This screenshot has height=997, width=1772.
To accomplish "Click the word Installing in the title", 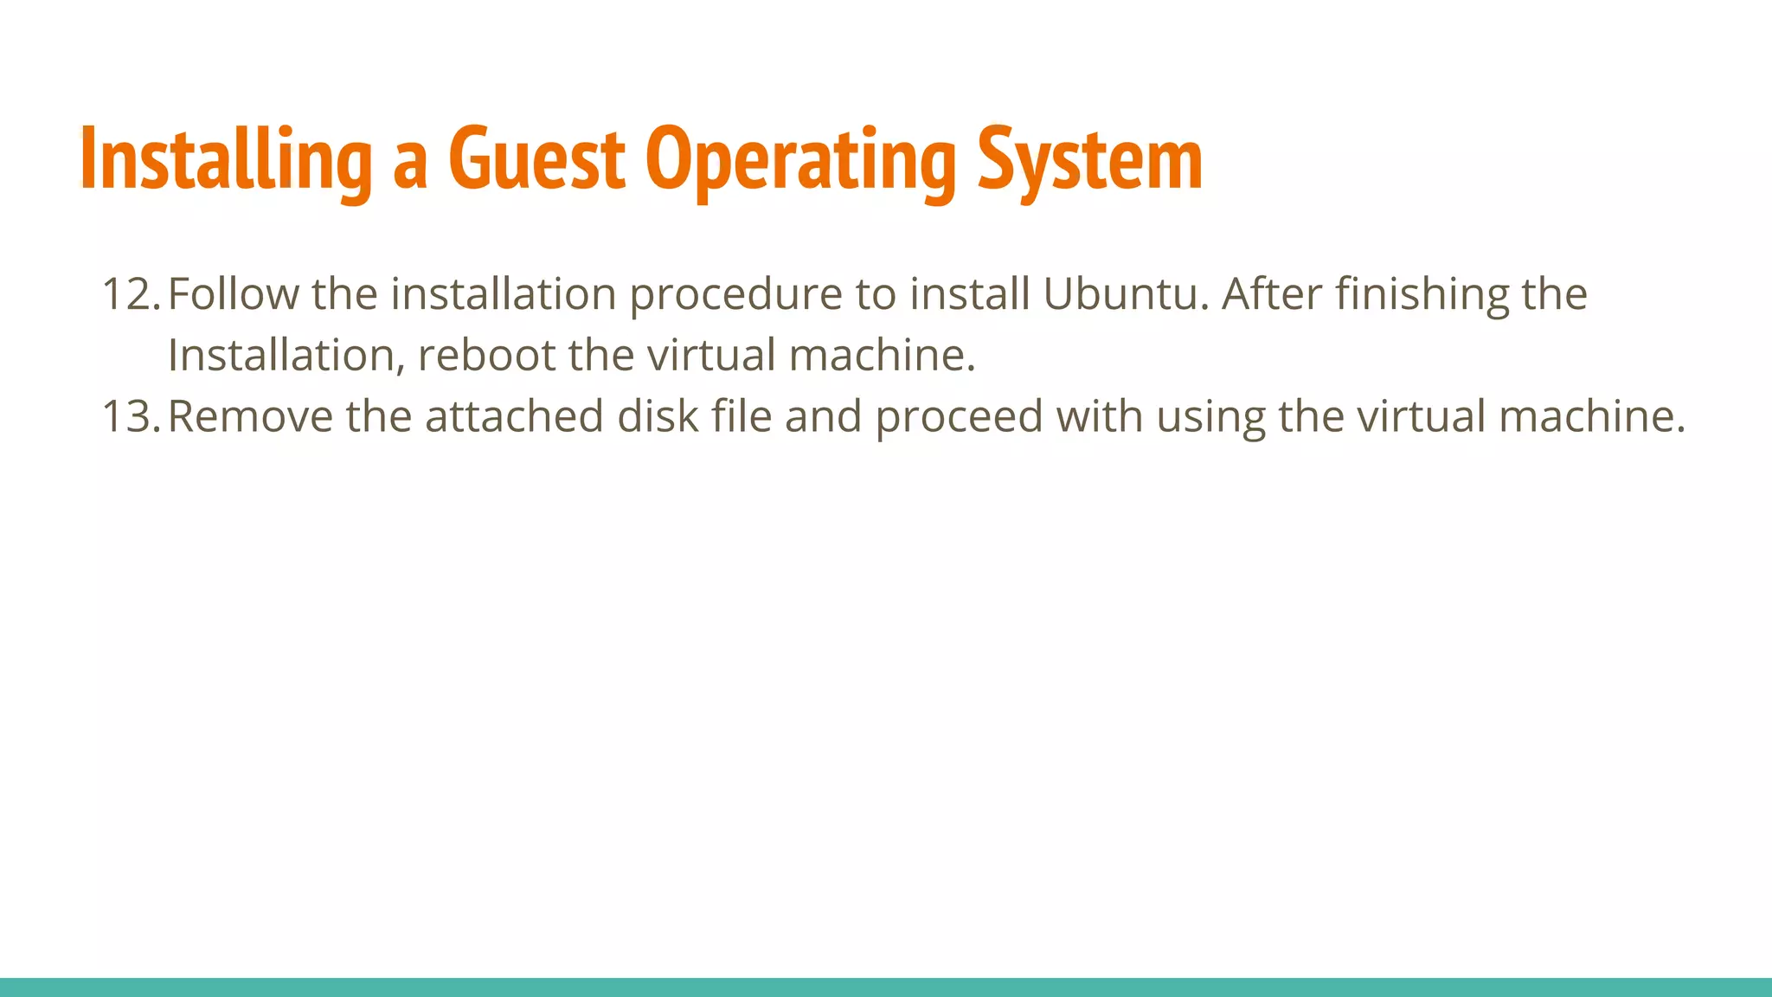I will pos(226,159).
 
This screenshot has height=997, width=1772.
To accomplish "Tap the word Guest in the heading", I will pos(536,159).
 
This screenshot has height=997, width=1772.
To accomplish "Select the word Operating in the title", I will pos(801,159).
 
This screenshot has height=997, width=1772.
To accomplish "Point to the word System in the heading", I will pos(1090,159).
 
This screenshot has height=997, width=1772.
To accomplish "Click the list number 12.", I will pos(130,294).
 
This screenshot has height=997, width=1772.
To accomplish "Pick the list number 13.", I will pos(130,416).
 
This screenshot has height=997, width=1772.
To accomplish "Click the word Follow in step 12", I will pos(233,294).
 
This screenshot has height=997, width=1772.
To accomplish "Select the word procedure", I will pos(735,294).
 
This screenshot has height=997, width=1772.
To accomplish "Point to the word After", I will pos(1271,294).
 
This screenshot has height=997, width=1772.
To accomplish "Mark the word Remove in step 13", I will pos(250,416).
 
